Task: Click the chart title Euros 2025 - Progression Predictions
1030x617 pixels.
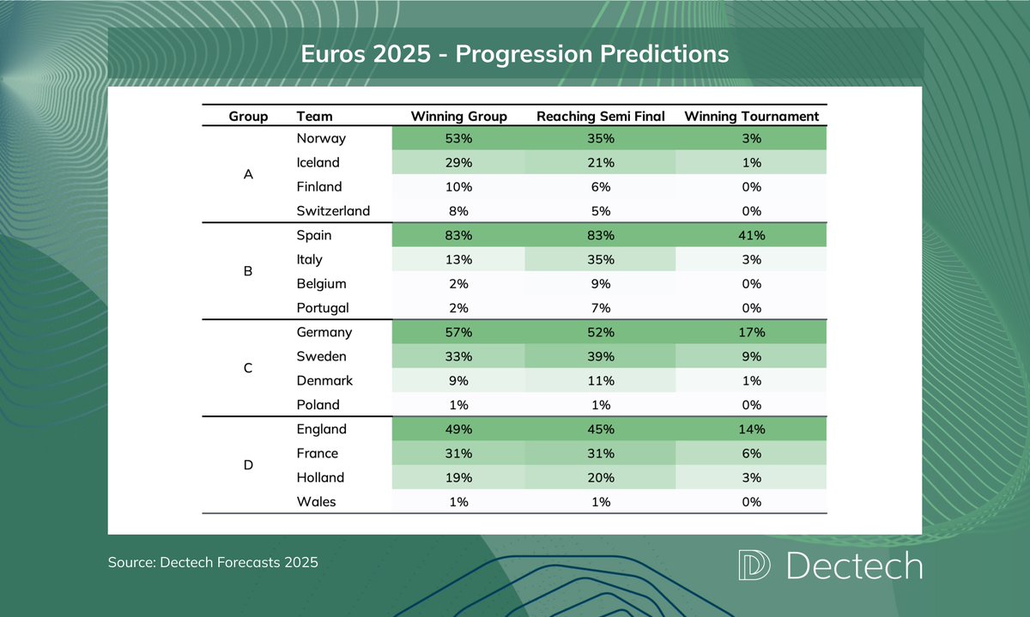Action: [x=514, y=54]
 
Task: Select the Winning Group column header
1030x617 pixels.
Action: [x=458, y=116]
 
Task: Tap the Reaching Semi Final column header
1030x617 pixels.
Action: [x=600, y=116]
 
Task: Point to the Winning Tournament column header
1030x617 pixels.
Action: [x=751, y=116]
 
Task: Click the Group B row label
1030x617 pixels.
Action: [x=248, y=271]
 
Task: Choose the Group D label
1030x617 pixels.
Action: [x=248, y=465]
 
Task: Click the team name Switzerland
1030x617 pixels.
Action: [x=333, y=211]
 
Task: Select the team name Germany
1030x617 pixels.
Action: [x=324, y=332]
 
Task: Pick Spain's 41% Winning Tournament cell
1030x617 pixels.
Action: [x=751, y=235]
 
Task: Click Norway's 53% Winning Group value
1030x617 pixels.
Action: [x=458, y=138]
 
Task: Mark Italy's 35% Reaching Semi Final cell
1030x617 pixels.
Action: [x=600, y=259]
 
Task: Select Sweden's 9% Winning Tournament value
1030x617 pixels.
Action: [x=751, y=356]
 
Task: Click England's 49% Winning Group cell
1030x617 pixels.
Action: [x=458, y=429]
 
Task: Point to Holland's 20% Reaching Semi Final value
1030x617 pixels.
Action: [x=600, y=478]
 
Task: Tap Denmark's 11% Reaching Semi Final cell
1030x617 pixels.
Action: [x=600, y=380]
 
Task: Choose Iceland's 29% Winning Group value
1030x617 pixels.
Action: [x=458, y=162]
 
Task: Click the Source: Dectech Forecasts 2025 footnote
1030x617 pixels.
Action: [x=213, y=563]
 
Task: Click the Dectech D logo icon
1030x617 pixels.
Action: [x=754, y=566]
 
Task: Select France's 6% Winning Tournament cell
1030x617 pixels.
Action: [x=751, y=453]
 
